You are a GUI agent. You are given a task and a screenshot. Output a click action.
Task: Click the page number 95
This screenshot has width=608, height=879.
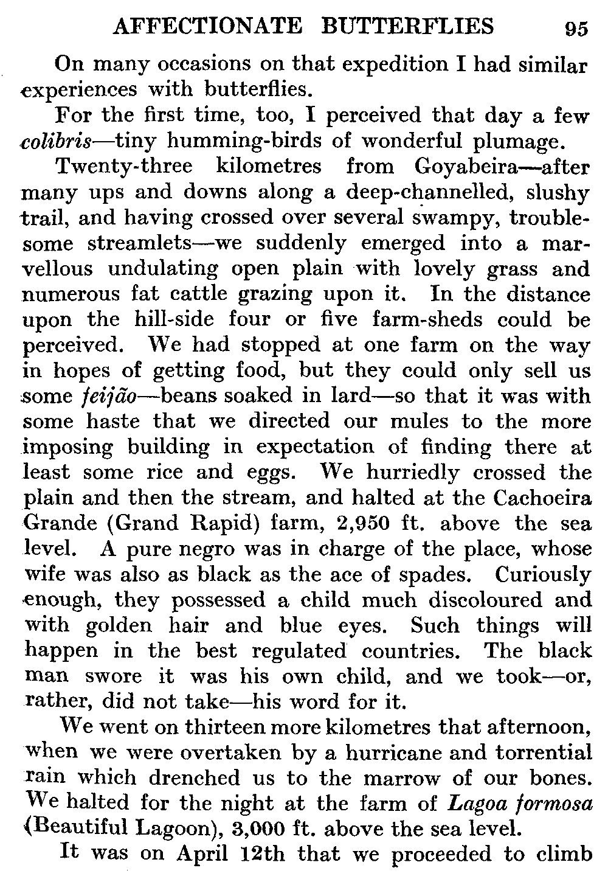click(576, 29)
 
